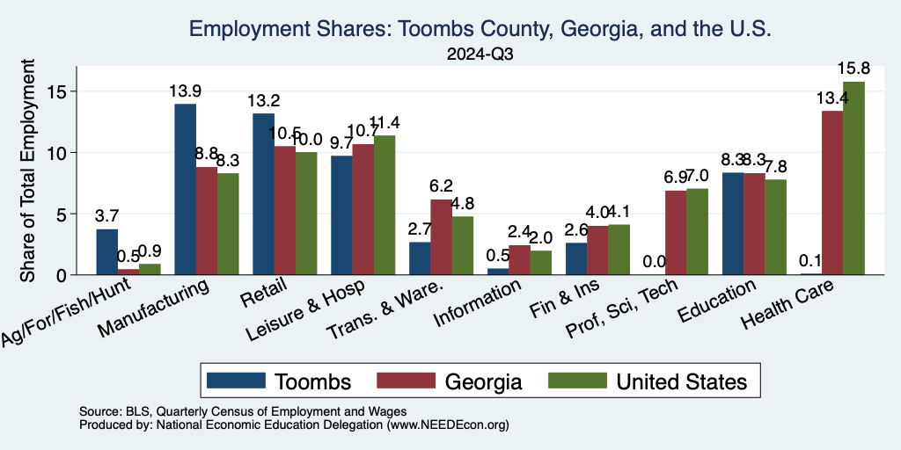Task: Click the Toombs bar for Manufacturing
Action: click(185, 189)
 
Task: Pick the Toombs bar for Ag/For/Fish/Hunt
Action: click(106, 252)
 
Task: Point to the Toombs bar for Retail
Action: click(263, 193)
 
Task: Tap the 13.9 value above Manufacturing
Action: click(185, 91)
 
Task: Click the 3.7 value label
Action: click(106, 216)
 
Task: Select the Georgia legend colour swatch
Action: click(406, 381)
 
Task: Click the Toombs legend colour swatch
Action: click(237, 381)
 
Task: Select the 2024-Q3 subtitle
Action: click(480, 54)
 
